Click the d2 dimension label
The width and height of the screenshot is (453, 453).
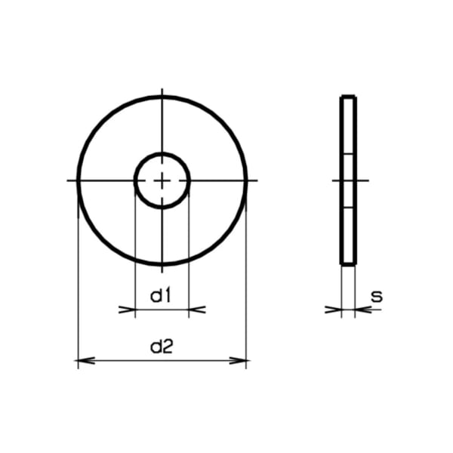coord(162,347)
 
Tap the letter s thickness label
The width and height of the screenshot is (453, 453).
coord(377,296)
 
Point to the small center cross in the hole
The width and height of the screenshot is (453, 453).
coord(162,180)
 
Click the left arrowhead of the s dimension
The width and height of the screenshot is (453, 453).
coord(334,309)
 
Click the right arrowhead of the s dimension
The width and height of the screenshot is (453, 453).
coord(362,309)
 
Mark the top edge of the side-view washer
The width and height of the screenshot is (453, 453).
coord(348,96)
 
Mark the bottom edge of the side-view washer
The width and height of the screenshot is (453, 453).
coord(348,264)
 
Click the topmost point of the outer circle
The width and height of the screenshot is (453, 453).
coord(162,96)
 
